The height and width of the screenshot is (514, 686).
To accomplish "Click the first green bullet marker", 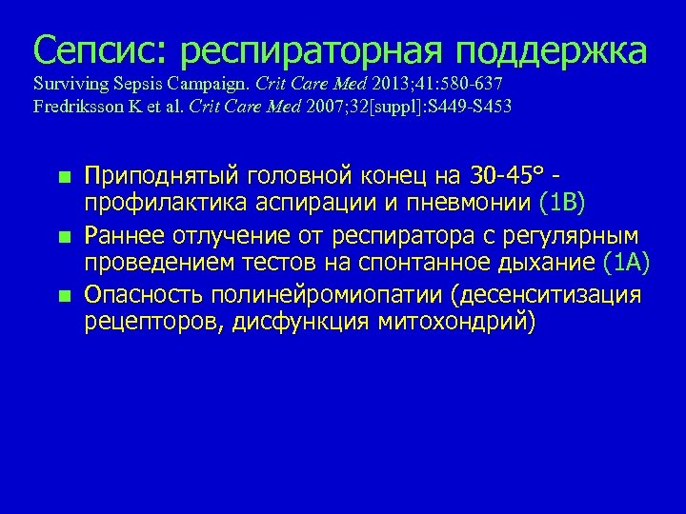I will (x=63, y=177).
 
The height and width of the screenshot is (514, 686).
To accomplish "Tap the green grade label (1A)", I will (x=626, y=260).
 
